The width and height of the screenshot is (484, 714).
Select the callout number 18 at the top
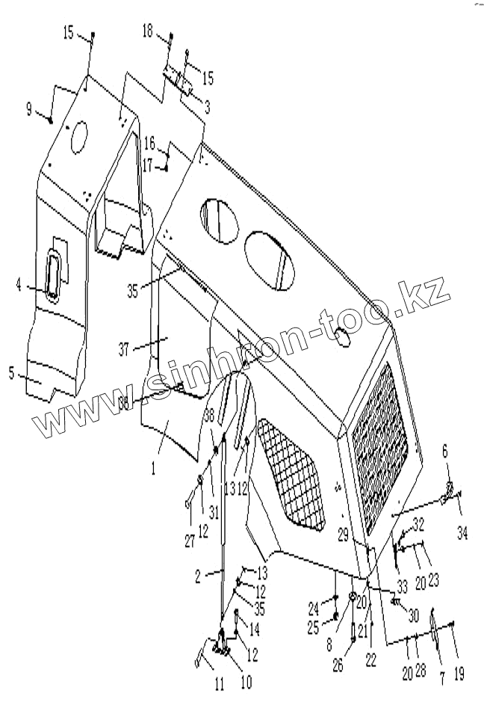point(147,31)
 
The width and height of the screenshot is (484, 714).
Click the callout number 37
point(125,348)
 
